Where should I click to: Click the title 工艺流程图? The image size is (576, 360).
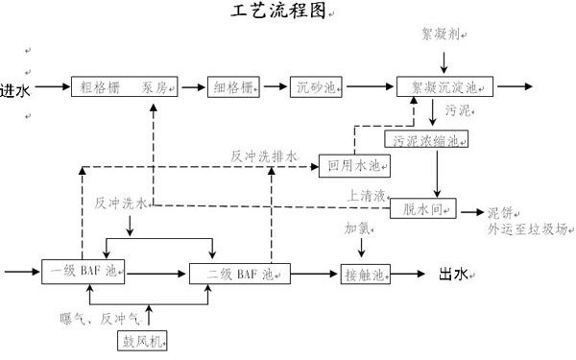(280, 11)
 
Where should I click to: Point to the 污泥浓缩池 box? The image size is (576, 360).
(429, 140)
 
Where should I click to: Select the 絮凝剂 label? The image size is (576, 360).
(442, 34)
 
